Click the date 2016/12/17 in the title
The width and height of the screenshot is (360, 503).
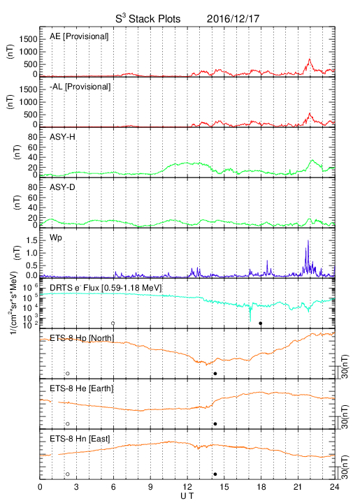point(233,19)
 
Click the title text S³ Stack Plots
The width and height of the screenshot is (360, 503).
point(148,18)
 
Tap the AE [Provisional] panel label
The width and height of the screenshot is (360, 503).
point(79,36)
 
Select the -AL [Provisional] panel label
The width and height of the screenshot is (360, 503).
point(80,87)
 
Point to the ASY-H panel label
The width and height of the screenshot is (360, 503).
point(62,137)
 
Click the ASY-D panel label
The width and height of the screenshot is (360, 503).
point(62,187)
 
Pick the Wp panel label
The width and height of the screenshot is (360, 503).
point(55,238)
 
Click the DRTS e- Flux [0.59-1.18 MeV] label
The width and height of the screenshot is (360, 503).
point(106,288)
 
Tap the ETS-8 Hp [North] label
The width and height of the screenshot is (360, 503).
point(82,338)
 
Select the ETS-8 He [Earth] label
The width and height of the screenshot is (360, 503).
point(82,388)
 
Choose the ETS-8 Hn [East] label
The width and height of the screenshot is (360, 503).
point(80,439)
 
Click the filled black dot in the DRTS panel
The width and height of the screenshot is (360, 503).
point(261,323)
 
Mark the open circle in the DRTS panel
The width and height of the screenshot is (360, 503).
point(113,323)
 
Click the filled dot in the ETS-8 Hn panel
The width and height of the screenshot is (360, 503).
point(215,474)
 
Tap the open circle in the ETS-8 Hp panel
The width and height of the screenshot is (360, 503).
point(68,373)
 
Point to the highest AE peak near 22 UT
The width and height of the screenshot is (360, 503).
point(309,59)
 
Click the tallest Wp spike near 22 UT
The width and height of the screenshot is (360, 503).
point(308,240)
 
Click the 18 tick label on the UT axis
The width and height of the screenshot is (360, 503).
point(261,487)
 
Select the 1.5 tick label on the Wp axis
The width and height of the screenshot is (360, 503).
point(32,240)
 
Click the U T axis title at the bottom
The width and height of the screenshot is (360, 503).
point(187,496)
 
